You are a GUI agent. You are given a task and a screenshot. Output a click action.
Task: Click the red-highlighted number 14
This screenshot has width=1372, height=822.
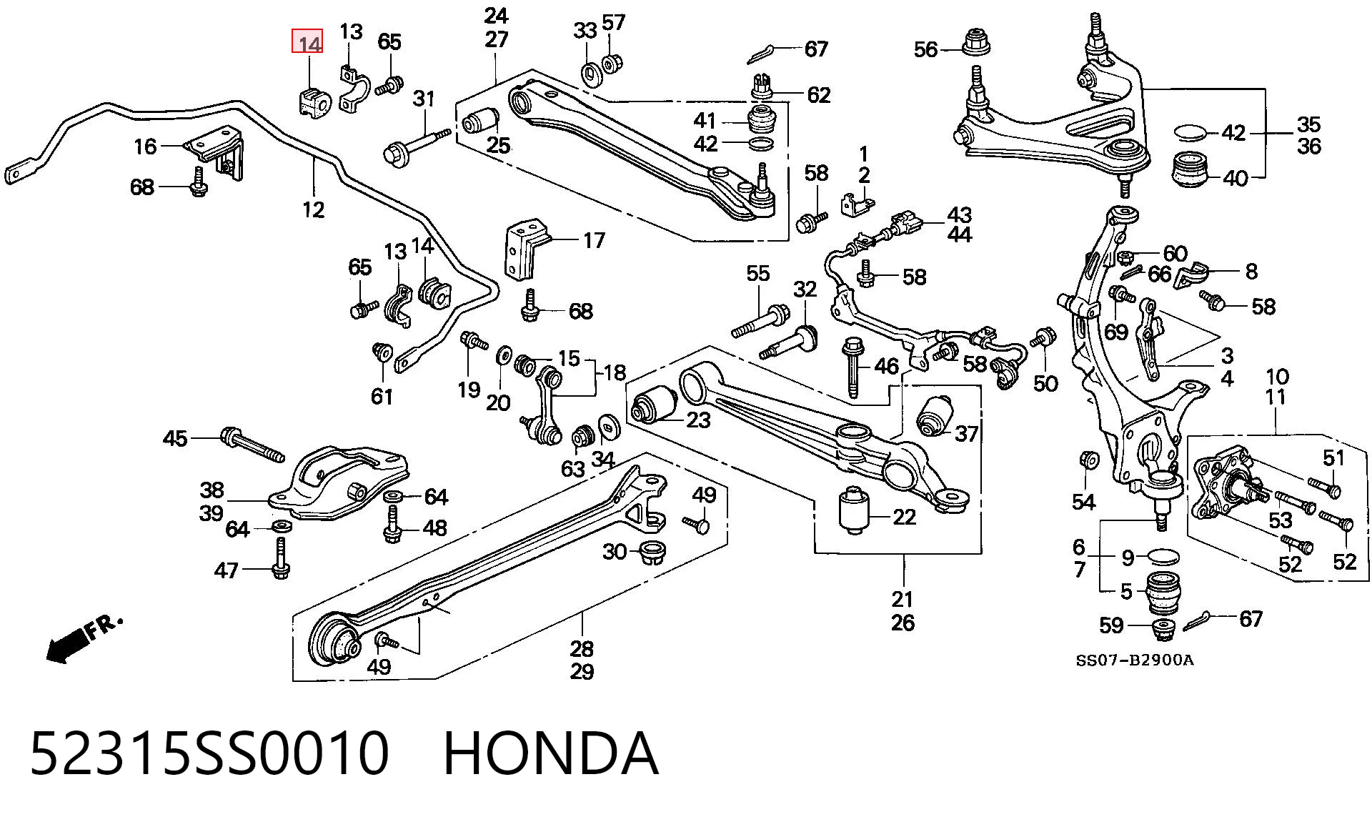coord(309,44)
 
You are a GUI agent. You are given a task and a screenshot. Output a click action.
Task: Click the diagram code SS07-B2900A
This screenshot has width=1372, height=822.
coord(1135,660)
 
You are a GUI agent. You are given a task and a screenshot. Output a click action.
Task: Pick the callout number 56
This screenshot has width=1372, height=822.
coord(925,49)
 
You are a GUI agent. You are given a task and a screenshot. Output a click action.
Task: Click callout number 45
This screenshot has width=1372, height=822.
coord(175,437)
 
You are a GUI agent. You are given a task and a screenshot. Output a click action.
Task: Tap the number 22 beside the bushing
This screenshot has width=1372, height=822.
coord(905,516)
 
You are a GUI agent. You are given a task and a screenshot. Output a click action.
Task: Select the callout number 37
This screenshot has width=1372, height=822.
coord(966,433)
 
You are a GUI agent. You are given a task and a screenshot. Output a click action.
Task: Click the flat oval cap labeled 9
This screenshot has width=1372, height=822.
coord(1163,556)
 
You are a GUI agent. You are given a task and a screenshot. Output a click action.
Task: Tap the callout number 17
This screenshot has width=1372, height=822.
coord(593,240)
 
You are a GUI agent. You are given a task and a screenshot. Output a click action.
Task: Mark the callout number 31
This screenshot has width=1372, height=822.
coord(424,99)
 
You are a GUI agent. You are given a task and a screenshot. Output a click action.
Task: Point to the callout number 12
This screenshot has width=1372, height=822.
coord(313,209)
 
